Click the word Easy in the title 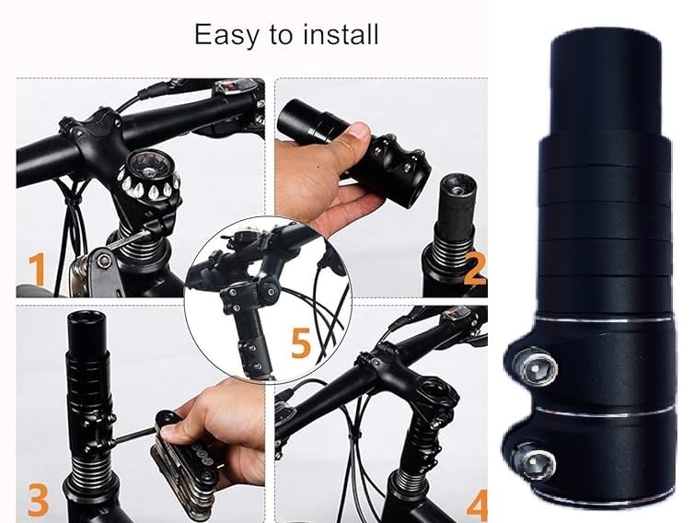pos(226,35)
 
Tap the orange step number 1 pos(37,268)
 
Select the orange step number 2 pos(474,269)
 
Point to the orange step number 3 pos(39,500)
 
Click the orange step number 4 pos(477,505)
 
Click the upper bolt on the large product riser pos(534,366)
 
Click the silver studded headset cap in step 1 pos(148,178)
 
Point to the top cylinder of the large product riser pos(606,82)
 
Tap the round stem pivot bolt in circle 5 pos(269,291)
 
